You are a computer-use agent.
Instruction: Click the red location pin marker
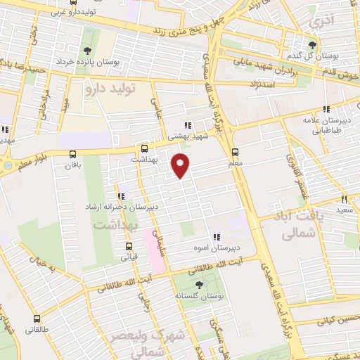pyautogui.click(x=181, y=166)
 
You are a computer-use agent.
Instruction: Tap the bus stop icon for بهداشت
pyautogui.click(x=144, y=149)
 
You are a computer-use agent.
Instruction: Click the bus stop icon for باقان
pyautogui.click(x=72, y=154)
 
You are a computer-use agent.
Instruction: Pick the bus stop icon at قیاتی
pyautogui.click(x=129, y=247)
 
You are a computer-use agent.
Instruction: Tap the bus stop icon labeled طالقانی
pyautogui.click(x=37, y=319)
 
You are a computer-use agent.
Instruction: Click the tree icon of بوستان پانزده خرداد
pyautogui.click(x=87, y=51)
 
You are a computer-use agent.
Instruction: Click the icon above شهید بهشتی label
pyautogui.click(x=187, y=126)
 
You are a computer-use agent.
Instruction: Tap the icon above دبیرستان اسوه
pyautogui.click(x=217, y=238)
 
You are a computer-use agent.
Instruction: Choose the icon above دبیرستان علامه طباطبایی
pyautogui.click(x=326, y=109)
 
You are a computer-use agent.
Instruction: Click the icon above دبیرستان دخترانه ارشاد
pyautogui.click(x=122, y=195)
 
